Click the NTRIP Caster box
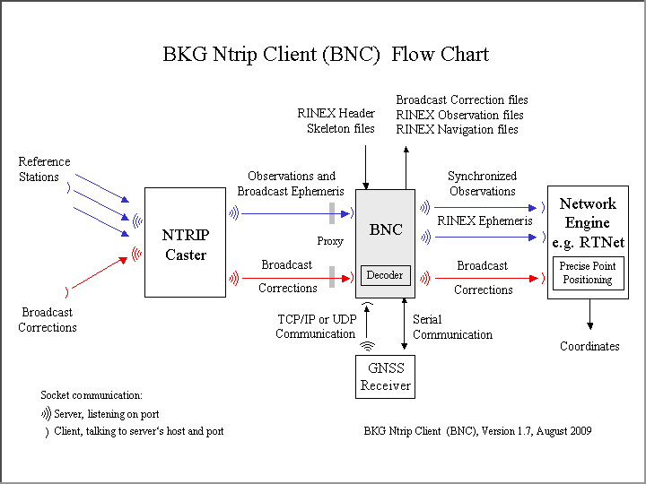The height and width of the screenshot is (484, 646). (185, 242)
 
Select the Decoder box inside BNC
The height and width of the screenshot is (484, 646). (386, 275)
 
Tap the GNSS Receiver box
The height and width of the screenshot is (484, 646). (386, 376)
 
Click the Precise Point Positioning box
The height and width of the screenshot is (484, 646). (588, 273)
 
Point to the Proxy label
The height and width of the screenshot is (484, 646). (330, 241)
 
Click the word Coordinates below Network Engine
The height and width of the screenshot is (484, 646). (589, 346)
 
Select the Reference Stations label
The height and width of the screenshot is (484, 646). (44, 169)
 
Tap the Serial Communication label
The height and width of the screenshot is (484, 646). (452, 327)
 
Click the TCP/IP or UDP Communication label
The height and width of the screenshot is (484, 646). (316, 327)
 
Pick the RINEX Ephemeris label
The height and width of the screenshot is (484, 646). (484, 220)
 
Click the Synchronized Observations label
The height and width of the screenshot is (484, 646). (482, 184)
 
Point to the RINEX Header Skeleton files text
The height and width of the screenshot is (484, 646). (336, 121)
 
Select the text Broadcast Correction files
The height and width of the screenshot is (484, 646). (462, 99)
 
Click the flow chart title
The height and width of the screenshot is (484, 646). (326, 54)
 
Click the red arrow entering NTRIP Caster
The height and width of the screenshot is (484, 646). (100, 272)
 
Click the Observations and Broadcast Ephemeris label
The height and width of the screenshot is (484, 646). (291, 184)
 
